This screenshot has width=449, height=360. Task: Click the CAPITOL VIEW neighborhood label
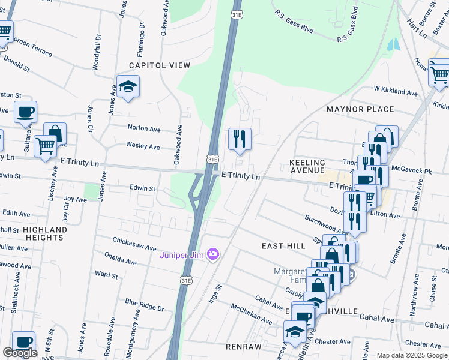point(160,65)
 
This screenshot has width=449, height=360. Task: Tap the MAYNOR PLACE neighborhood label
point(360,109)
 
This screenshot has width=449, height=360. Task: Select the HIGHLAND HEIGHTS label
point(45,233)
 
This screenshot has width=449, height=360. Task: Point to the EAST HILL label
point(280,246)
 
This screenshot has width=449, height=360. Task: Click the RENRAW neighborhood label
point(244,347)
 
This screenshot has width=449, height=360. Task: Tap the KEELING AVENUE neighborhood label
point(307,167)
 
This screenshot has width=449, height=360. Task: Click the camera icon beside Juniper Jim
point(212,254)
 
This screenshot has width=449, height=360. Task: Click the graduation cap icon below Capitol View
point(128,86)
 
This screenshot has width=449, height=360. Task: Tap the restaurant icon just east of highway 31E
point(240,139)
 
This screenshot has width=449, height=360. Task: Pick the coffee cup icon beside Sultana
point(25,112)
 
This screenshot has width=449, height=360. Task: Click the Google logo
point(20,352)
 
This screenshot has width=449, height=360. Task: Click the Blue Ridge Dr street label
point(144,305)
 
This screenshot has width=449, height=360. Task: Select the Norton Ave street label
point(144,128)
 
